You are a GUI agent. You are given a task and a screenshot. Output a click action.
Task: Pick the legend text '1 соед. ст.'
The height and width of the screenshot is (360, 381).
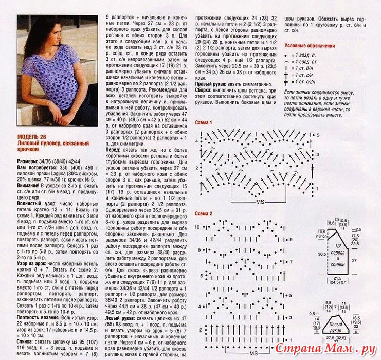tap(309, 61)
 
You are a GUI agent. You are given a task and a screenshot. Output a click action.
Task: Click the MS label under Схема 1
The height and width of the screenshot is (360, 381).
tap(258, 201)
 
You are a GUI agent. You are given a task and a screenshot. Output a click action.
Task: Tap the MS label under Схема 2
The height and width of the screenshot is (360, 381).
tap(253, 354)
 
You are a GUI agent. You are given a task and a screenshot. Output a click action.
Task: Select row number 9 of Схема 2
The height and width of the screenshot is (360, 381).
tap(304, 239)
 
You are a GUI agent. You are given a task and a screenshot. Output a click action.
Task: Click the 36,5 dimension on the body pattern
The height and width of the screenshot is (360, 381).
tap(321, 254)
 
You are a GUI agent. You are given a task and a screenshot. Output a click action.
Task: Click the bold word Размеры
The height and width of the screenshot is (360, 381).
tap(28, 161)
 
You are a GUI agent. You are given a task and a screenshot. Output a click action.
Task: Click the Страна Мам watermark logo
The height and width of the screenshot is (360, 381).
tap(334, 348)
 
